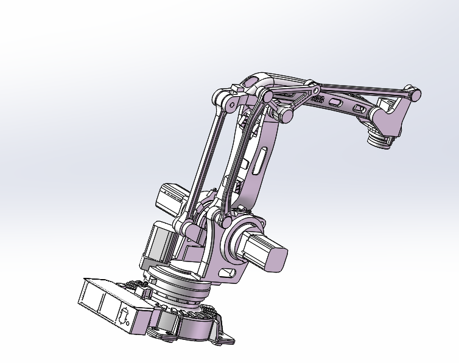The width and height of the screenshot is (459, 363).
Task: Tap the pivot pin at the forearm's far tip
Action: pyautogui.click(x=415, y=95)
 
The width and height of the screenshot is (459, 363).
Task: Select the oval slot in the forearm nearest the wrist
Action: pyautogui.click(x=360, y=109)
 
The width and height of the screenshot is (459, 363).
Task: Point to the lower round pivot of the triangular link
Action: pyautogui.click(x=284, y=115)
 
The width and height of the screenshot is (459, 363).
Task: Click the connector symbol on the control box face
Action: pyautogui.click(x=123, y=317)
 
